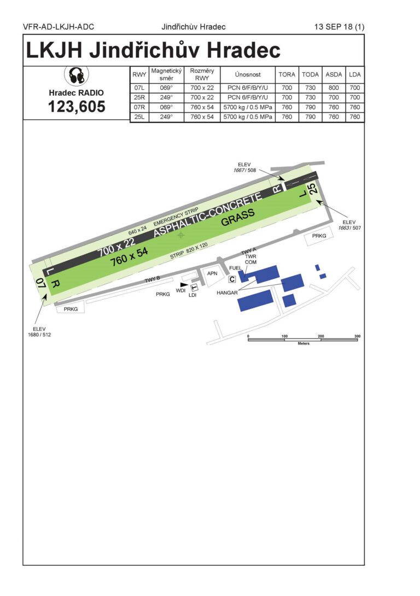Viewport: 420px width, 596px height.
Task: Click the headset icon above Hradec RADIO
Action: tap(76, 75)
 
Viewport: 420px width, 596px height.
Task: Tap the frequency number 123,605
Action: tap(77, 107)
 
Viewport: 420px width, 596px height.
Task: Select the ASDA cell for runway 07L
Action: tap(334, 88)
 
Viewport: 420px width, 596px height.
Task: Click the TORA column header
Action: tap(287, 74)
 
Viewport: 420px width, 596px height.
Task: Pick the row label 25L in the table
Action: tap(139, 117)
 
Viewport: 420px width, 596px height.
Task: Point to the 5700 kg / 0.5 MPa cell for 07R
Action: tap(247, 107)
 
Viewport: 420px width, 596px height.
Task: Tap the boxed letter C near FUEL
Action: tap(232, 279)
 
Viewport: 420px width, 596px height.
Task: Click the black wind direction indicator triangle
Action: tap(184, 284)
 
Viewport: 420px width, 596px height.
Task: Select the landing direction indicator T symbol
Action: tap(194, 288)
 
